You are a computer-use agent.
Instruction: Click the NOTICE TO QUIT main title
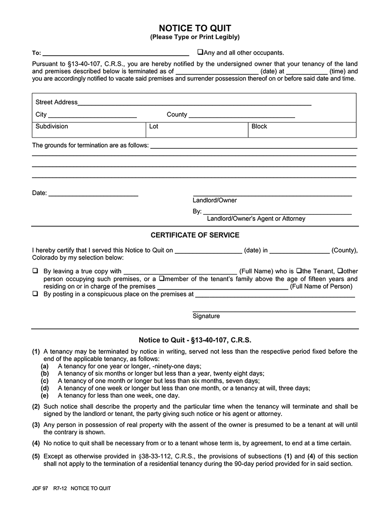(195, 28)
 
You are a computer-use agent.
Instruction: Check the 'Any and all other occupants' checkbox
(200, 52)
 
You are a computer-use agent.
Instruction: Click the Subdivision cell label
(52, 126)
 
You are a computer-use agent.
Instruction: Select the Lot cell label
(154, 126)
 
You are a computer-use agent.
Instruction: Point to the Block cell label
(259, 126)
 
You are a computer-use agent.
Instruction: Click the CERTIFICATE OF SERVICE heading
(195, 235)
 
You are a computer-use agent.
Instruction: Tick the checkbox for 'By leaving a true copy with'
(35, 271)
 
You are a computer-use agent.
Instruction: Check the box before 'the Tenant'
(299, 271)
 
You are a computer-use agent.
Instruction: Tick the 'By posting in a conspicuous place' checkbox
(35, 294)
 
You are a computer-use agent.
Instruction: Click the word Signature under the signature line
(206, 316)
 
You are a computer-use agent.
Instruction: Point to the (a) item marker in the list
(45, 366)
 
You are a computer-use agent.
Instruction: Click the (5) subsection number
(36, 456)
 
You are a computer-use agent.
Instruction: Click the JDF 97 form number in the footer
(40, 488)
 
